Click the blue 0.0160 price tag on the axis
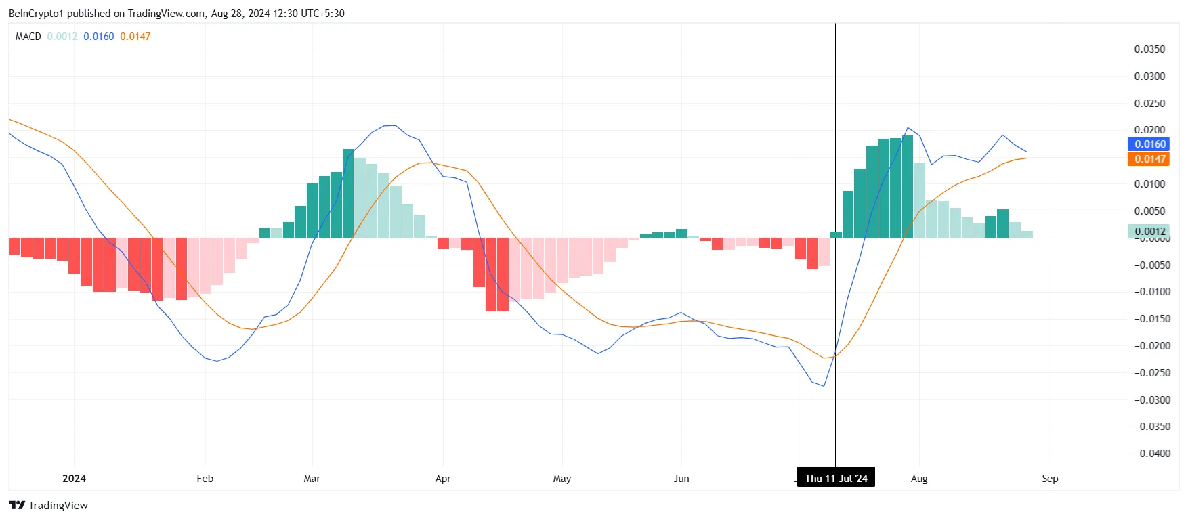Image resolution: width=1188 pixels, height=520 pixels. click(1149, 144)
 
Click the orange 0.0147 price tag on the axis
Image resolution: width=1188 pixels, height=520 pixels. click(1149, 158)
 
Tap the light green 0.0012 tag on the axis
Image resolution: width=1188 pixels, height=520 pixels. click(1149, 231)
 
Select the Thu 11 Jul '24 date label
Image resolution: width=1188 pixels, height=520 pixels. click(836, 478)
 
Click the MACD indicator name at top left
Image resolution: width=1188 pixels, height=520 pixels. click(28, 37)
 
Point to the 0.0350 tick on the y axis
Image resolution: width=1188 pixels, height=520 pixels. click(1149, 49)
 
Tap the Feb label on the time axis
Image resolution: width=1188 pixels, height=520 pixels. click(205, 478)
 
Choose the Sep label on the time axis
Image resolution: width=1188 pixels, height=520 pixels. click(1049, 478)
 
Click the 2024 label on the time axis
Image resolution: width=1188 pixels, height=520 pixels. click(74, 478)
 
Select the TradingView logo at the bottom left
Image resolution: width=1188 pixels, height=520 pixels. click(48, 505)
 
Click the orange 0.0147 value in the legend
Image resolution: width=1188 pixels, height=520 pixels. click(135, 37)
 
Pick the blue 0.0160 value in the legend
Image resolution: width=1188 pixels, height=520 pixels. click(98, 37)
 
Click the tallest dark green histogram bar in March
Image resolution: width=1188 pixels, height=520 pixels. click(348, 193)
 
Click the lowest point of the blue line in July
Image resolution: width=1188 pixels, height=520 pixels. click(824, 386)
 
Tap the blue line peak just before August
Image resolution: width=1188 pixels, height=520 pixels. click(908, 127)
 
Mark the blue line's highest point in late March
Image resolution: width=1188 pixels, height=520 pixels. click(390, 125)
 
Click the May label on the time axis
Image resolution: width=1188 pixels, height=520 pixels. click(561, 478)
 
